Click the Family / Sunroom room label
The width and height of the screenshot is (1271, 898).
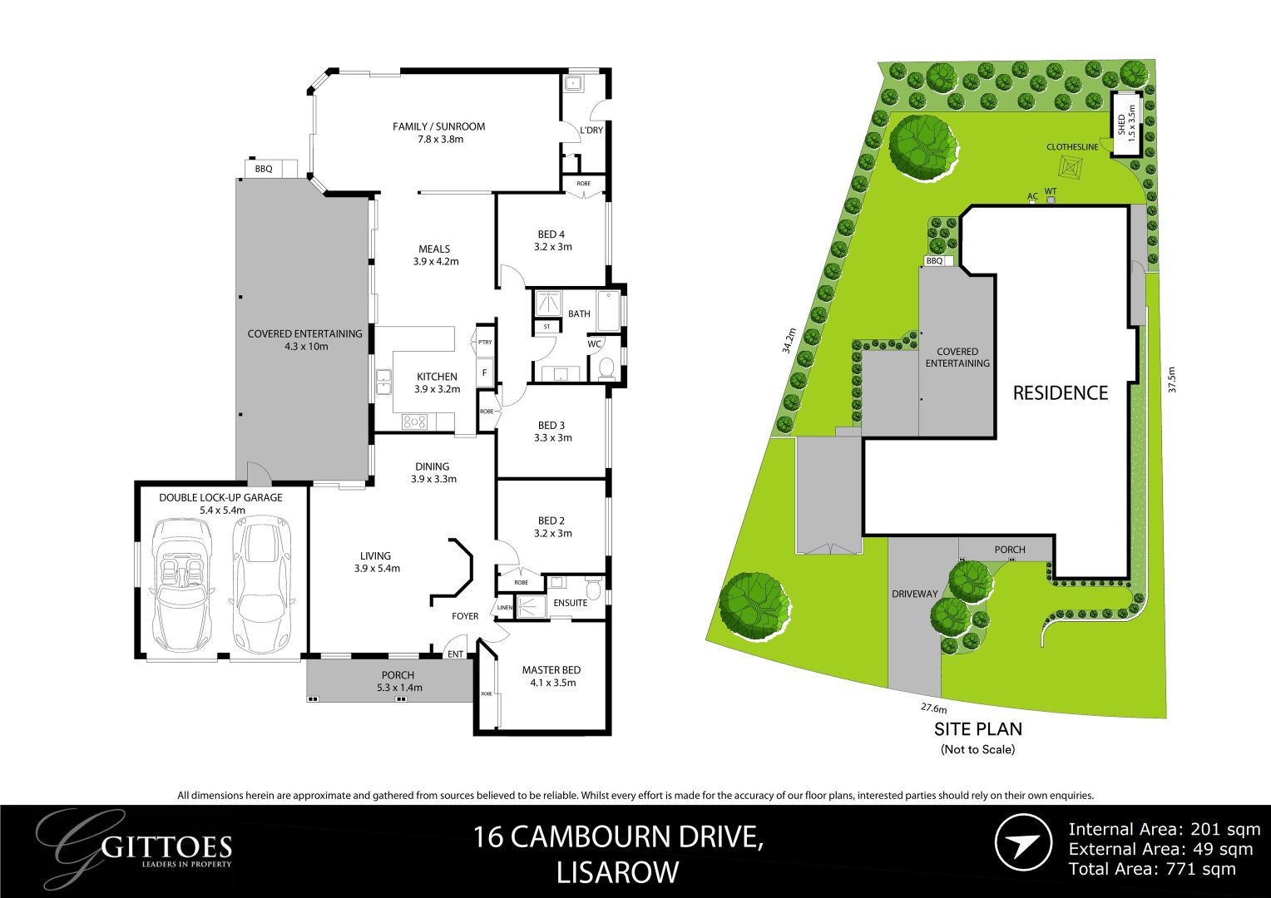[x=438, y=127]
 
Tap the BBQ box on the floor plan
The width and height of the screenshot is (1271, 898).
[x=264, y=169]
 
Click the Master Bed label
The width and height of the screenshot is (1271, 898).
[x=551, y=670]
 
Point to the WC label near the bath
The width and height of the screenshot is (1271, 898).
[x=595, y=344]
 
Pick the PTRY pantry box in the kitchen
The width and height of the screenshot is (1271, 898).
[x=485, y=342]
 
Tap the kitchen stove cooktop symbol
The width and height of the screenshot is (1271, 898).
[x=414, y=422]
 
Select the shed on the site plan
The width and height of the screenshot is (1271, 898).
[x=1125, y=126]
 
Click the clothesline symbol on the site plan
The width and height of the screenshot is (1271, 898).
[x=1070, y=167]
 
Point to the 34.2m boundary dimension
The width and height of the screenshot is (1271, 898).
[x=789, y=341]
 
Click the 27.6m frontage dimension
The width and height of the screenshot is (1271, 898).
[x=933, y=708]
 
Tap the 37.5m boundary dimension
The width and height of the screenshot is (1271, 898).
[x=1172, y=380]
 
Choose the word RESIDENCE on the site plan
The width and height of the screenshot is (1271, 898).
[x=1060, y=392]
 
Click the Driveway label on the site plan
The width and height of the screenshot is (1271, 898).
[x=915, y=594]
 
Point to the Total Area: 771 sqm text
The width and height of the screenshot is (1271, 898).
[x=1152, y=869]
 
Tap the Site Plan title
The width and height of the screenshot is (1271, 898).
[x=977, y=729]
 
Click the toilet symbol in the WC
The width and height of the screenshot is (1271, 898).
[x=606, y=367]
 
